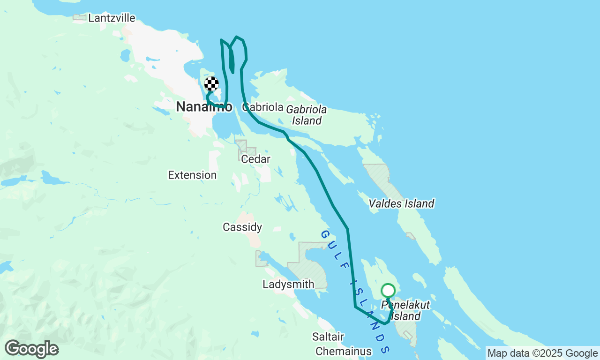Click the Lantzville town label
pyautogui.click(x=112, y=18)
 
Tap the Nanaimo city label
pyautogui.click(x=203, y=107)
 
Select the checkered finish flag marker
pyautogui.click(x=211, y=84)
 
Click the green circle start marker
pyautogui.click(x=388, y=291)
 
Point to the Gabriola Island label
pyautogui.click(x=307, y=115)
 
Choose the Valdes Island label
pyautogui.click(x=401, y=203)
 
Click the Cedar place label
pyautogui.click(x=255, y=159)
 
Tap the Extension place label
pyautogui.click(x=192, y=175)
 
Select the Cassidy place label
pyautogui.click(x=242, y=227)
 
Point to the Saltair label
pyautogui.click(x=328, y=337)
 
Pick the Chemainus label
pyautogui.click(x=344, y=351)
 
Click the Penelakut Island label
pyautogui.click(x=405, y=310)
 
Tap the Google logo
pyautogui.click(x=31, y=349)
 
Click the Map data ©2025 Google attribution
pyautogui.click(x=542, y=353)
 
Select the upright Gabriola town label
pyautogui.click(x=263, y=107)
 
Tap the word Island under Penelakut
pyautogui.click(x=405, y=316)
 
